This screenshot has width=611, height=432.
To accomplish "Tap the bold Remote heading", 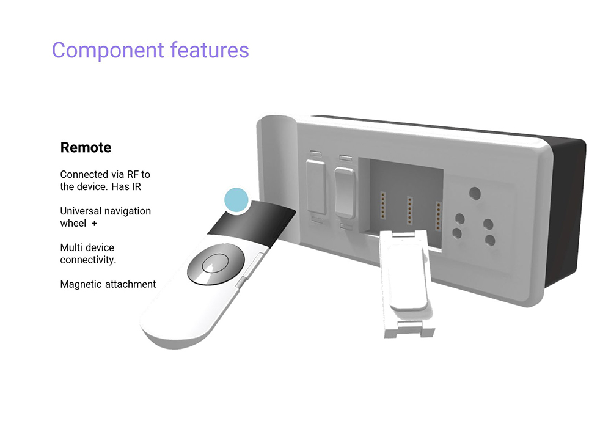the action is [x=86, y=147].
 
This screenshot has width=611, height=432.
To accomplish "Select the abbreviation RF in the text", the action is [x=133, y=174].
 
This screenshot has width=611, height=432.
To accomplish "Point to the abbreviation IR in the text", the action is [x=136, y=186].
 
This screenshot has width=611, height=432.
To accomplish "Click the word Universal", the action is [x=81, y=211].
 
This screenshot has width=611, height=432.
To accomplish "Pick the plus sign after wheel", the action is [x=94, y=224].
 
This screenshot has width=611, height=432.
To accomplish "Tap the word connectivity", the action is [x=88, y=260].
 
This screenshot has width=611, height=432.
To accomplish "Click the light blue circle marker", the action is [x=236, y=200].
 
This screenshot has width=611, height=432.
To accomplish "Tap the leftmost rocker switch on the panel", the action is [x=316, y=186].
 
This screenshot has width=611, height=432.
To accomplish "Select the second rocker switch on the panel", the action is [x=345, y=192].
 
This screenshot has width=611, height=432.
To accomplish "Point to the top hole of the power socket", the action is [x=475, y=194].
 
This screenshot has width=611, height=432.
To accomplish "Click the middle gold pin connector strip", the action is [x=409, y=210].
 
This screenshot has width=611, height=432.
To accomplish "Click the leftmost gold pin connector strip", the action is [x=382, y=205].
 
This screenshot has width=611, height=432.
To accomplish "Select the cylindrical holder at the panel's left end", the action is [x=277, y=179].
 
